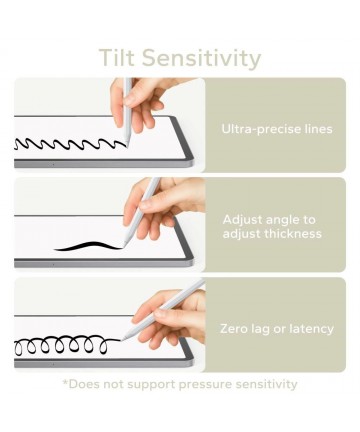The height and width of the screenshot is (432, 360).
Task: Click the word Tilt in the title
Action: (117, 58)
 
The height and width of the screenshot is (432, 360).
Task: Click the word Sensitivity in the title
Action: (201, 59)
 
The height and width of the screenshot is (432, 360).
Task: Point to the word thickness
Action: (293, 233)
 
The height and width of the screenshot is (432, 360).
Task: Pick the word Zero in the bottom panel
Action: (233, 329)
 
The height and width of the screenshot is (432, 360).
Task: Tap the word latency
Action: (312, 329)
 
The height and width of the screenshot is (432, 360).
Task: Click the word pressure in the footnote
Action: (205, 385)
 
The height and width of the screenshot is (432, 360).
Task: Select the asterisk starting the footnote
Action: (65, 381)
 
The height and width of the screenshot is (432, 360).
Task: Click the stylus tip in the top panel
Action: (127, 146)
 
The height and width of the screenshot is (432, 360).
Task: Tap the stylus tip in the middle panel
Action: (123, 247)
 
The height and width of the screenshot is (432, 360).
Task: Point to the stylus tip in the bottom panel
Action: (122, 339)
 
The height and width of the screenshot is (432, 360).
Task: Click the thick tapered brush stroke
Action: (87, 246)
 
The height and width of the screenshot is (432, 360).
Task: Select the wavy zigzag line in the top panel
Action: (71, 144)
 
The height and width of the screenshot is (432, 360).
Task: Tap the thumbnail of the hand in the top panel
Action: (129, 100)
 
